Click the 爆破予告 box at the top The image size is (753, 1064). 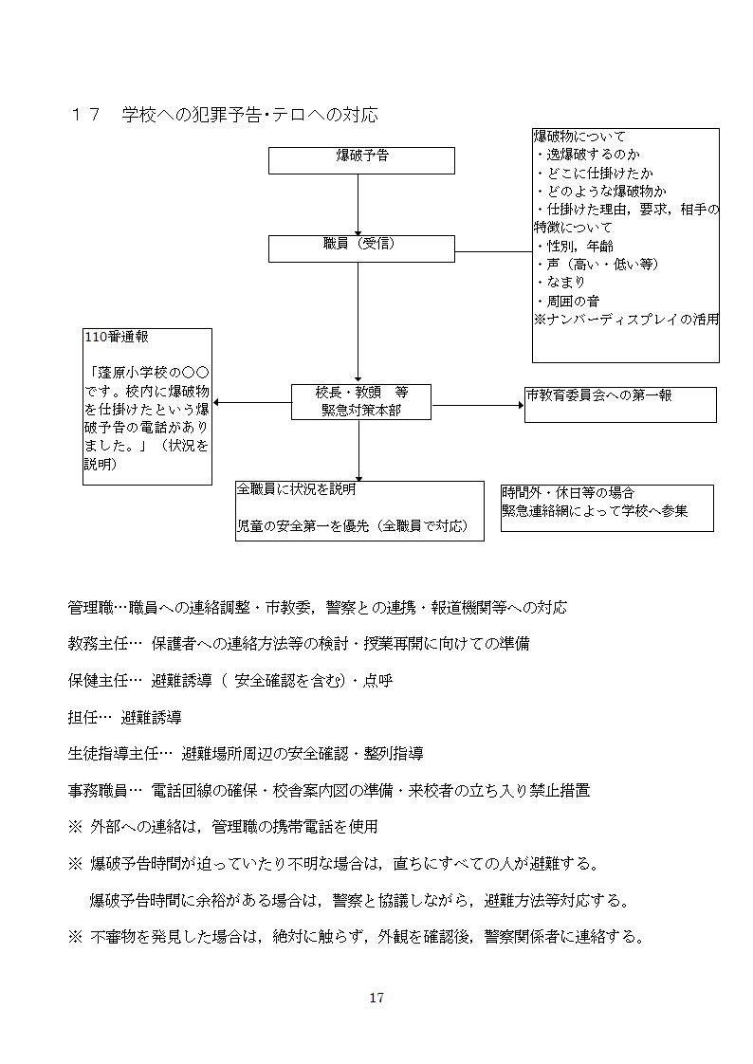[361, 159]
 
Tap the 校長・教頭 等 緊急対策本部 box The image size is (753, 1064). [361, 401]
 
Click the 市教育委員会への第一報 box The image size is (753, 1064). [620, 404]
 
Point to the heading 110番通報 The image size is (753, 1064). [117, 337]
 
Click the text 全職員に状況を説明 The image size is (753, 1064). [296, 490]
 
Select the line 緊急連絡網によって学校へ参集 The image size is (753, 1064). [595, 511]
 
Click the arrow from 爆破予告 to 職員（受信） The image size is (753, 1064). [358, 204]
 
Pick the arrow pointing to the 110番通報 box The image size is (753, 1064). [251, 402]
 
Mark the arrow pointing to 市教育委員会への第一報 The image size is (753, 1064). [479, 404]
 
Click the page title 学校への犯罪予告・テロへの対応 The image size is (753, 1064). [249, 115]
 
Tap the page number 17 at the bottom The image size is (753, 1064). [376, 998]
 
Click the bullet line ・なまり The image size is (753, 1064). [560, 282]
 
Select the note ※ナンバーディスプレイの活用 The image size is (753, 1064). [626, 320]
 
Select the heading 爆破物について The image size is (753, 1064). [579, 137]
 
